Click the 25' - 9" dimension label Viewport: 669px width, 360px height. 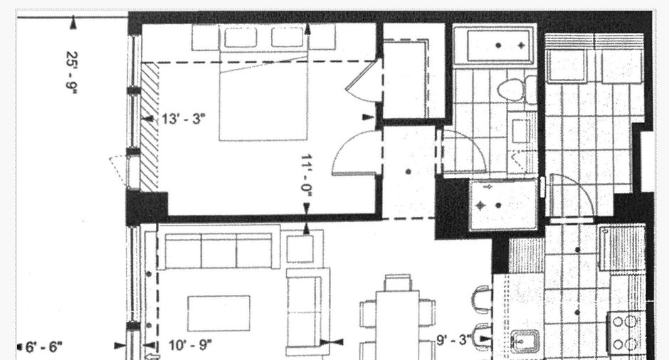click(72, 71)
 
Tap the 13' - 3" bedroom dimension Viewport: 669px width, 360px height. click(184, 119)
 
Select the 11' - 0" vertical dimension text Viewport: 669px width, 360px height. click(307, 176)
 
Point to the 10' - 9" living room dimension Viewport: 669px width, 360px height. click(190, 344)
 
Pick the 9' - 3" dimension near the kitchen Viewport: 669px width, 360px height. click(454, 340)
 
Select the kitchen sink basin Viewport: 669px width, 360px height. click(525, 342)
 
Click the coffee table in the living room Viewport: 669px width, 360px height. click(219, 314)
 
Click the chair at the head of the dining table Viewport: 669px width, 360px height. click(398, 282)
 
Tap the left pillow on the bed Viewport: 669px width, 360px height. click(241, 38)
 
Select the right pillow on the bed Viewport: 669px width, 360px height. click(288, 38)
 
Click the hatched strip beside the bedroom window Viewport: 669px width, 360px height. click(149, 127)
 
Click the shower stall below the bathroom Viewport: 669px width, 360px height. click(503, 205)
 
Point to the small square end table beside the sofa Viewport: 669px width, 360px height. click(300, 249)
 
